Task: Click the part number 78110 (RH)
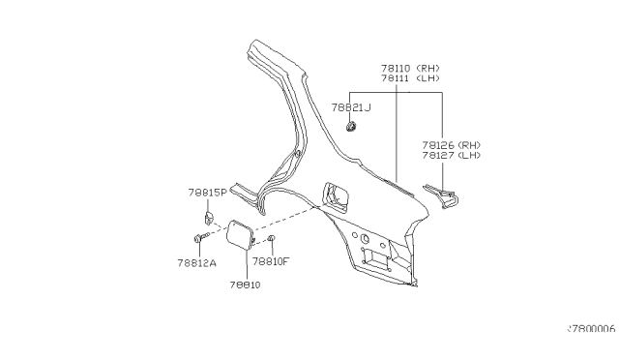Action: pos(410,68)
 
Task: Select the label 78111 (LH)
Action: pos(410,78)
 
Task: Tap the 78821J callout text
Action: pos(351,107)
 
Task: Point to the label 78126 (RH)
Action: pos(452,145)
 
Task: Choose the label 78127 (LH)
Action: pos(452,155)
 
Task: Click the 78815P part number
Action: pos(208,193)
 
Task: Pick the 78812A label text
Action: pos(197,263)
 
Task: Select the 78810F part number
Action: pos(271,261)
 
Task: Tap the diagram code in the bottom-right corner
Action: pos(591,328)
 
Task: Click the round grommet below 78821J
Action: pos(351,127)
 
